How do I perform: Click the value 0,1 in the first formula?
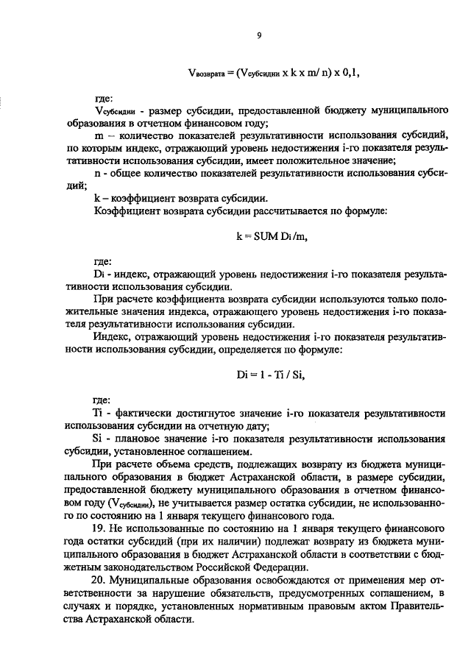tap(349, 73)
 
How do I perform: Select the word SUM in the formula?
tap(260, 237)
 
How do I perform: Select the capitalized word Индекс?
tap(113, 337)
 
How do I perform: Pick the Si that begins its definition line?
tap(100, 439)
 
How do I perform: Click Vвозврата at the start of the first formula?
tap(203, 74)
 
